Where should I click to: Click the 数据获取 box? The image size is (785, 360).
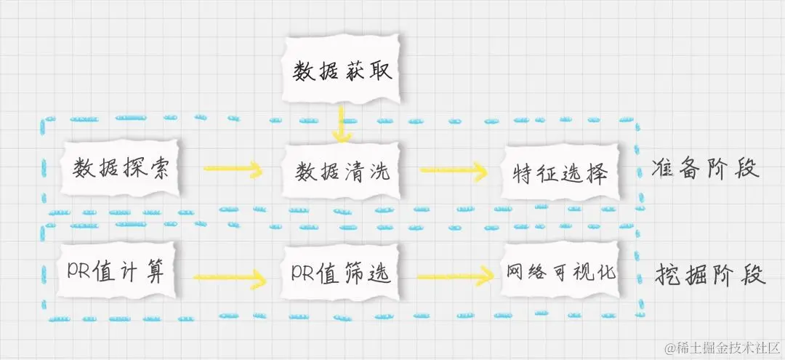[342, 71]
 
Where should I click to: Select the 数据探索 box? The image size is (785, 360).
[121, 169]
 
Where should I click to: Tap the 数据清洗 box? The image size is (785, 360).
[342, 172]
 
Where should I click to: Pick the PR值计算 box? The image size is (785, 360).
[116, 272]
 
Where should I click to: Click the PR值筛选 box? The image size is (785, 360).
[341, 273]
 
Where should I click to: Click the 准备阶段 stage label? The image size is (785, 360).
[706, 169]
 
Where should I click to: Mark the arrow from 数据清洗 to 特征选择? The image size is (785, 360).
[452, 172]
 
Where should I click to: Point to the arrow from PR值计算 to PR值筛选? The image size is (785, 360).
[229, 277]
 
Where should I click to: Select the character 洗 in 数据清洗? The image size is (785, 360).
[380, 172]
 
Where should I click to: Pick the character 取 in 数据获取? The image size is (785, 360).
[379, 71]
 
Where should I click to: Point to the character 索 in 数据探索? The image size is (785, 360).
[158, 169]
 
